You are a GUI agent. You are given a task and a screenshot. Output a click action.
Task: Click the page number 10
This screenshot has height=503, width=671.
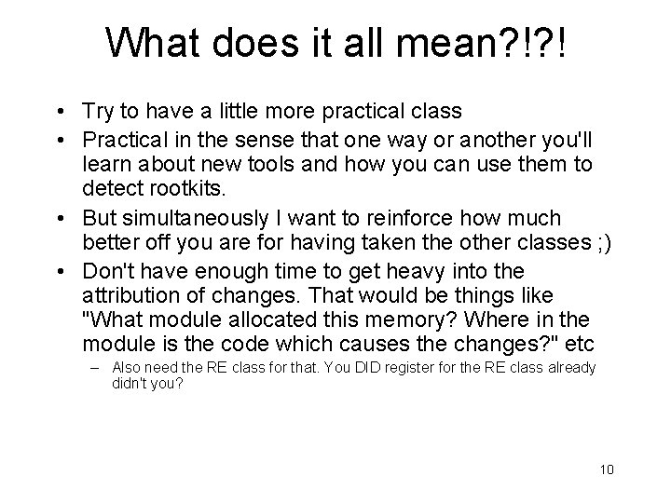coord(607,469)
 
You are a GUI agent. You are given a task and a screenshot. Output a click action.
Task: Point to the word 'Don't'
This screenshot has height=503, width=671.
coord(108,271)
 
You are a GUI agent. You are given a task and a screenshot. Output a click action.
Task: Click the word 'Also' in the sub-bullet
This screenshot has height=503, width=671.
coord(128,368)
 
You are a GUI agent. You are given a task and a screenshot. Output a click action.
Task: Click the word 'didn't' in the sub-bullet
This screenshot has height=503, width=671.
coord(129,382)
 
